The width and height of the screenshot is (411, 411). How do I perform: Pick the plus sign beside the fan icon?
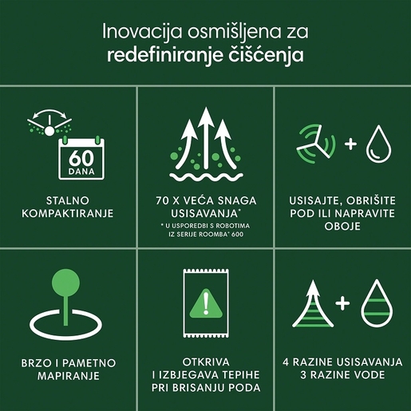click(x=350, y=144)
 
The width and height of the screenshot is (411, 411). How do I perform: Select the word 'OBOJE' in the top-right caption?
click(x=343, y=227)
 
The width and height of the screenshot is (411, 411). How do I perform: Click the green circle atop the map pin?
click(x=69, y=286)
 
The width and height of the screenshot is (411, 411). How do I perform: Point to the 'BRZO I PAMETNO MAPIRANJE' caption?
click(x=68, y=369)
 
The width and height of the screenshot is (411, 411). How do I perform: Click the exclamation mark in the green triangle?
click(x=206, y=303)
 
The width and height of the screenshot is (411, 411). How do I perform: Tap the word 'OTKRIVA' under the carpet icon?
click(x=206, y=358)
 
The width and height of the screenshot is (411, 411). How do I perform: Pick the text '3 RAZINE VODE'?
click(x=343, y=375)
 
